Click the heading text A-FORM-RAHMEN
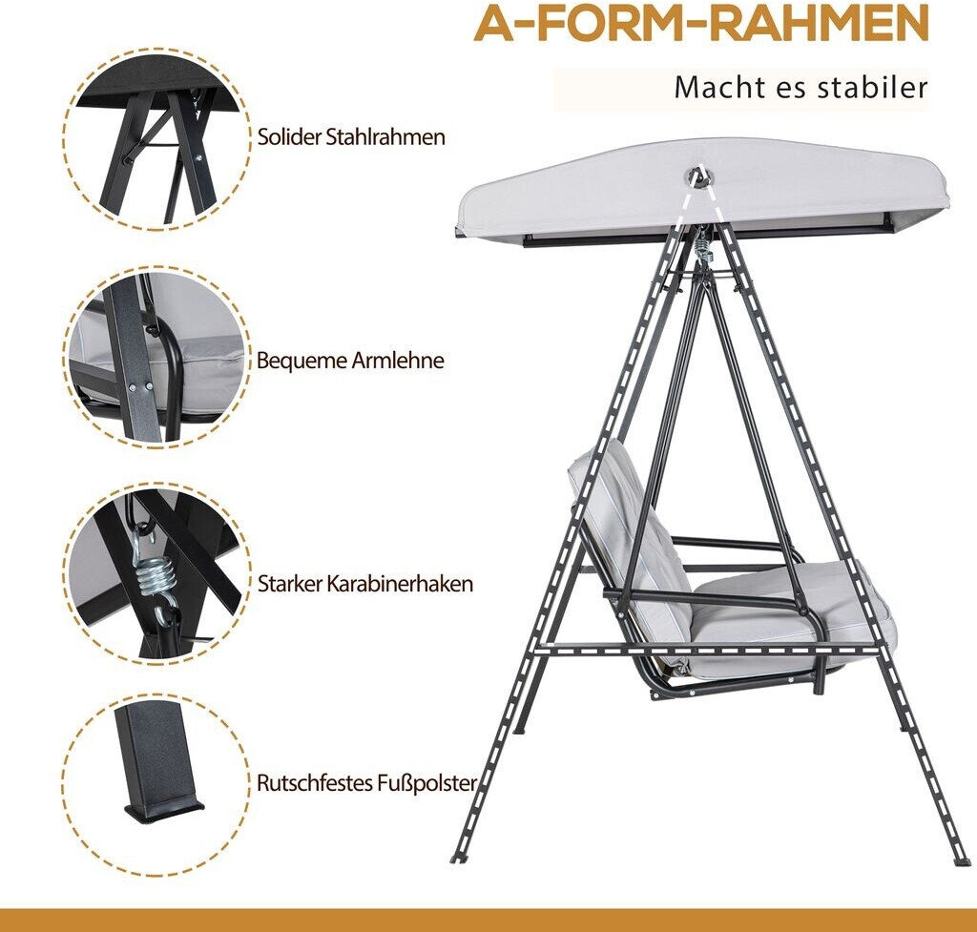[x=701, y=23]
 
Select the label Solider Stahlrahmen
[x=351, y=137]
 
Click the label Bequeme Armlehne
[x=350, y=361]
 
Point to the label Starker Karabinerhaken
[x=365, y=584]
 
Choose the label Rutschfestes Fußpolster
[x=367, y=783]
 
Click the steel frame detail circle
[x=156, y=137]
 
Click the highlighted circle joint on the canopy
[x=701, y=176]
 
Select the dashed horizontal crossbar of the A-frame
[x=710, y=648]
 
